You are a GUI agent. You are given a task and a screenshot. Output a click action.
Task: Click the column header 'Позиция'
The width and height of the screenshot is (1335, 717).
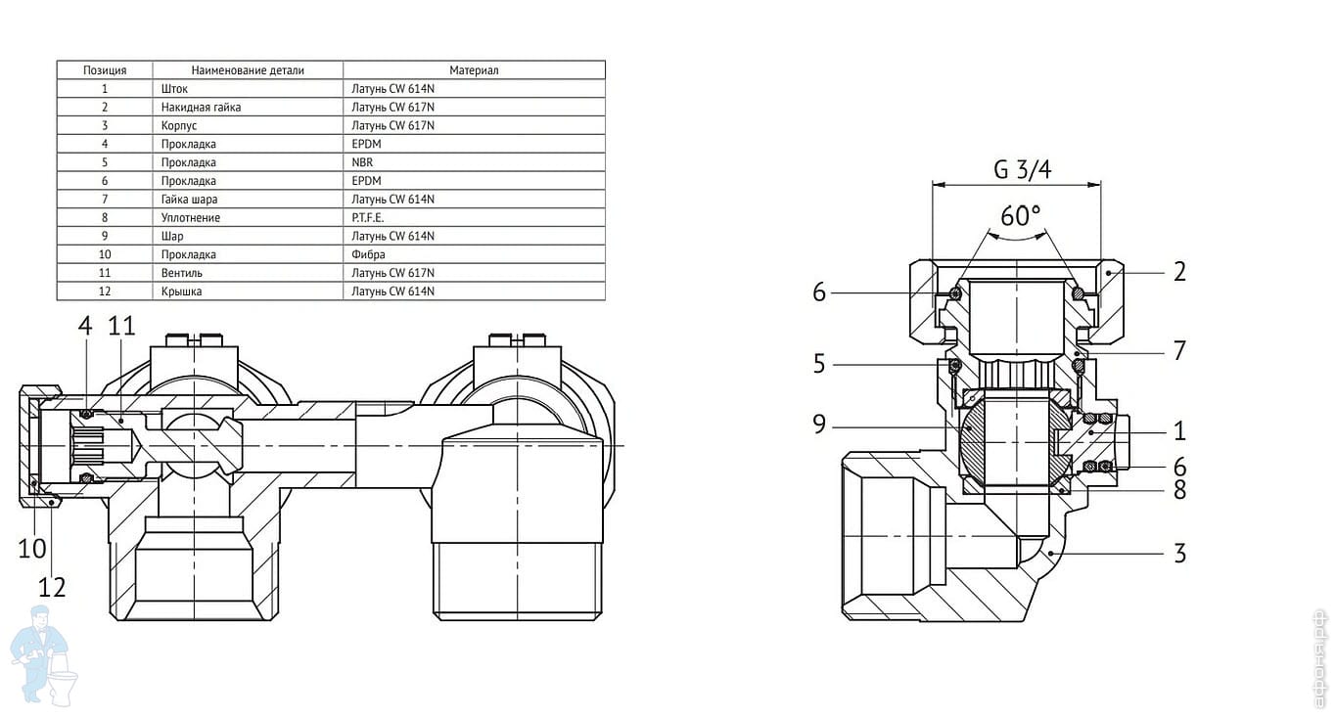coord(105,70)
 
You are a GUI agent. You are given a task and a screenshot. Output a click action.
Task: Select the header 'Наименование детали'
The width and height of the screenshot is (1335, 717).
coord(248,70)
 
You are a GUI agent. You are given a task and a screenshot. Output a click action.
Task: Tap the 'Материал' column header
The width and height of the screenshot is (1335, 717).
coord(474,70)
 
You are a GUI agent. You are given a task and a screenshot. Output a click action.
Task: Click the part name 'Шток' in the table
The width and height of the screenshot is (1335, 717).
coord(174,89)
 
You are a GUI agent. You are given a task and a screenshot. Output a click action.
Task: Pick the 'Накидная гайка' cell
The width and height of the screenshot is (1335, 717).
coord(201,108)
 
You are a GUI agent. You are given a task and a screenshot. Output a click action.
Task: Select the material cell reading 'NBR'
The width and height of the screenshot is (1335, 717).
coord(362,162)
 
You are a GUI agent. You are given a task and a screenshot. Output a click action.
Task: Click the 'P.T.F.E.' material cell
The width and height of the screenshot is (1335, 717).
coord(368,218)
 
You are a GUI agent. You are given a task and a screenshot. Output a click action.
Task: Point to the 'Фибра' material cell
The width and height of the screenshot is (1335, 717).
coord(368,255)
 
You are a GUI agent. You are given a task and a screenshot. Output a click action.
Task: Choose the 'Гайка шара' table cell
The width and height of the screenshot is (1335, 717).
coord(189,200)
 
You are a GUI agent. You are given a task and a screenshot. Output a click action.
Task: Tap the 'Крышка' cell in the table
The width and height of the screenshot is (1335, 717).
coord(181,291)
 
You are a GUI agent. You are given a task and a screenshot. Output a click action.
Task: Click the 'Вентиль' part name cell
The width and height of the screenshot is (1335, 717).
coord(182,273)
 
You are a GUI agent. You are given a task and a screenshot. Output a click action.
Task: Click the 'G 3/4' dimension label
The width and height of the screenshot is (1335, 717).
coord(1022,170)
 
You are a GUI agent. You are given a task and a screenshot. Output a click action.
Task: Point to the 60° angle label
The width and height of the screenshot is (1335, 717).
coord(1020,215)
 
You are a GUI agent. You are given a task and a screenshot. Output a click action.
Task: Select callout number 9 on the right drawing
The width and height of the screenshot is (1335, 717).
coord(819,424)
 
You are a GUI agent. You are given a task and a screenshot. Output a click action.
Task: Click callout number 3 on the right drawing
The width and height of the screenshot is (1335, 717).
coord(1179,554)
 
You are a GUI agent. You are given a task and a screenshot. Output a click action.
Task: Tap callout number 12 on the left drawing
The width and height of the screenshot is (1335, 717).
coord(52,587)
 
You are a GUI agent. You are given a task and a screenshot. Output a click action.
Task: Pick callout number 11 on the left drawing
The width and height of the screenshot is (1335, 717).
coord(121,326)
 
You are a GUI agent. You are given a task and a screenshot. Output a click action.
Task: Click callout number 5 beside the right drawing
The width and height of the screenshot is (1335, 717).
coord(819,364)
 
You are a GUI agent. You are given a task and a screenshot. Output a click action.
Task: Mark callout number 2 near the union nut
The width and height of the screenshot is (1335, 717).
coord(1179,272)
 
